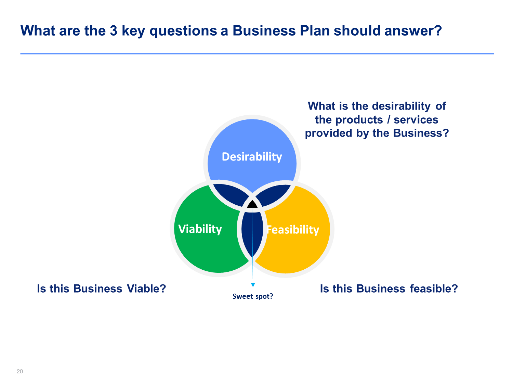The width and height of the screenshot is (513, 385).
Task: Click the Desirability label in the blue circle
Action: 252,157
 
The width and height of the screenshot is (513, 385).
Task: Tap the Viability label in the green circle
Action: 200,229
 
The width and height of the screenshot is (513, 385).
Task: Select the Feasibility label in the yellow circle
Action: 293,230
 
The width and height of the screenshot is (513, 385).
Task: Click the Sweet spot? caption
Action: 253,296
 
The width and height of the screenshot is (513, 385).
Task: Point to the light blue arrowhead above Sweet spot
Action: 253,285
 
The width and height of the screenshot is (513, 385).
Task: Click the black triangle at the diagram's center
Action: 252,204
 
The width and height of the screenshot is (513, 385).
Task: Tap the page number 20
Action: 20,371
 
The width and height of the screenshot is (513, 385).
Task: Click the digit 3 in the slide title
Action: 113,30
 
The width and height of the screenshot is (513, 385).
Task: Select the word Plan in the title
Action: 315,30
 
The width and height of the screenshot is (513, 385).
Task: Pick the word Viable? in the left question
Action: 146,288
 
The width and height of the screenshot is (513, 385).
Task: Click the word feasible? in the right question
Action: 434,289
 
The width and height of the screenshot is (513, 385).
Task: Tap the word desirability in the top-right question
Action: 401,106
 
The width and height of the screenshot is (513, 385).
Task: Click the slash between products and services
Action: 389,120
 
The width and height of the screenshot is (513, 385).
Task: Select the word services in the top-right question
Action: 416,120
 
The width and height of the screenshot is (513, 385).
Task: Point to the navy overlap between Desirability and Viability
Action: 230,194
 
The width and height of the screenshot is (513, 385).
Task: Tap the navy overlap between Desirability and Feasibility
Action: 274,194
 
